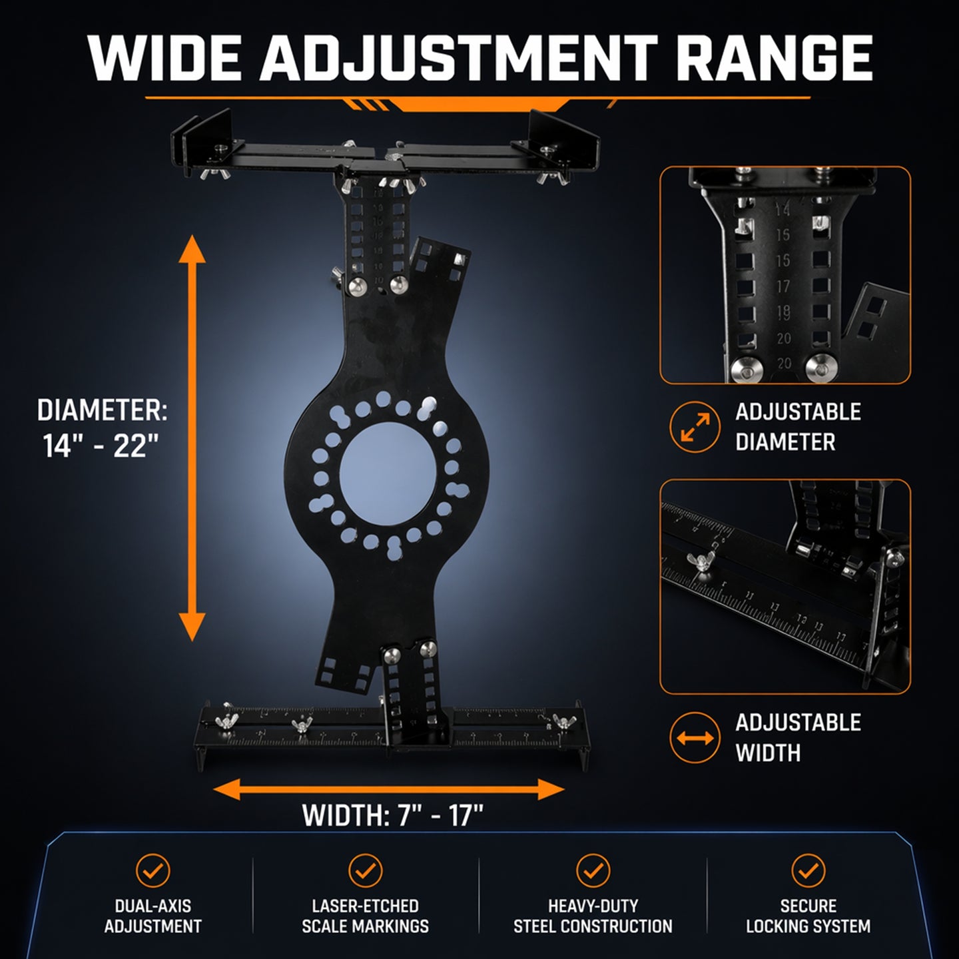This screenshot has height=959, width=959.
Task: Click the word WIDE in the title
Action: pyautogui.click(x=164, y=57)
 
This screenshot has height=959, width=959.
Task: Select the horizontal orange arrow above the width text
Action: pyautogui.click(x=388, y=789)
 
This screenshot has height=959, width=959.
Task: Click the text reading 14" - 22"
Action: pyautogui.click(x=101, y=446)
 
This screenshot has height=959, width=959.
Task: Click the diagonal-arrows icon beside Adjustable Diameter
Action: pyautogui.click(x=695, y=426)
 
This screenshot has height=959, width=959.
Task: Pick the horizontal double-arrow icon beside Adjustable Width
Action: pyautogui.click(x=695, y=737)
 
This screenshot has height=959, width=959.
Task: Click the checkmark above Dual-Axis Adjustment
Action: pyautogui.click(x=153, y=870)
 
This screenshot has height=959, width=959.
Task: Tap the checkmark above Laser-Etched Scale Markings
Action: pyautogui.click(x=366, y=870)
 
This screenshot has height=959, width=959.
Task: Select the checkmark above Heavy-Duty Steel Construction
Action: pyautogui.click(x=593, y=870)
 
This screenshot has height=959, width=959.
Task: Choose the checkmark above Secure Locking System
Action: pyautogui.click(x=808, y=870)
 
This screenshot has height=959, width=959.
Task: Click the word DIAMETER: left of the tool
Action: pyautogui.click(x=102, y=410)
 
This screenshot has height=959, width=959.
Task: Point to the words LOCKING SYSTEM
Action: pyautogui.click(x=808, y=926)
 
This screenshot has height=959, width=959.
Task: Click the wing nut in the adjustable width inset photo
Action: pyautogui.click(x=701, y=562)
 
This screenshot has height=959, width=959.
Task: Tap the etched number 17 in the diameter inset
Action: pyautogui.click(x=783, y=286)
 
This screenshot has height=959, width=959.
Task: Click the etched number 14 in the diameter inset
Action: pyautogui.click(x=783, y=209)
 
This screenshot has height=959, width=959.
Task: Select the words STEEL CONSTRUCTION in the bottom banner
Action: pyautogui.click(x=593, y=926)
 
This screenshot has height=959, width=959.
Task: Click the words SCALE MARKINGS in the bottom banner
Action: pyautogui.click(x=366, y=926)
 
